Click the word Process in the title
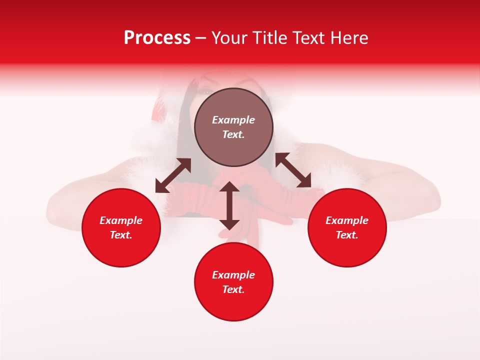(157, 38)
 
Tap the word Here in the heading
(348, 38)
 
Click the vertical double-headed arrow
(229, 205)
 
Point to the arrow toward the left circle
(173, 175)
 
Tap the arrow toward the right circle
(293, 170)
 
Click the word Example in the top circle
(233, 120)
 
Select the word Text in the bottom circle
(233, 289)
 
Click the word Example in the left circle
(121, 220)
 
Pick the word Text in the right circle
(347, 235)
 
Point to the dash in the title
(201, 38)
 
